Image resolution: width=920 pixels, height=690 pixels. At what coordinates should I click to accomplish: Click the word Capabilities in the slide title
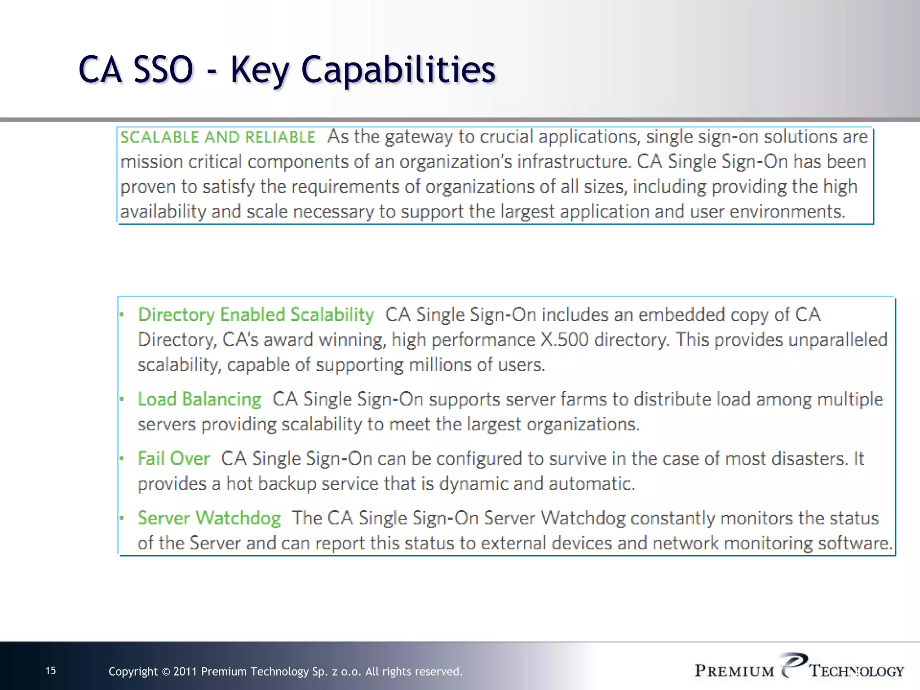tap(398, 70)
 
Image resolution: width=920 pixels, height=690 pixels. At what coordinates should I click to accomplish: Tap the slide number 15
tap(51, 671)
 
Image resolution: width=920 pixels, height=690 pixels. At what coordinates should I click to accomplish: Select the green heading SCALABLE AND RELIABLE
tap(218, 137)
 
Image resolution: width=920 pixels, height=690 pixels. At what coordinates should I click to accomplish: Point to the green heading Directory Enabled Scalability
tap(256, 315)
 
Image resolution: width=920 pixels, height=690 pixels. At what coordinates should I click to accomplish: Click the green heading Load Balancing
tap(199, 399)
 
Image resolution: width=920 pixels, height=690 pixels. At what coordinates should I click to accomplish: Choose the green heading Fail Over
tap(173, 459)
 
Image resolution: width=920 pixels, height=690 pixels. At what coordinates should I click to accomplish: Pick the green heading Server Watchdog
tap(209, 518)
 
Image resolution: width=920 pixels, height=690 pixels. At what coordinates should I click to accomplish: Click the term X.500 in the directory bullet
tap(564, 340)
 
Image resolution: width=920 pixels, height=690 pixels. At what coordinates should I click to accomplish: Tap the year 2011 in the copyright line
tap(185, 672)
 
